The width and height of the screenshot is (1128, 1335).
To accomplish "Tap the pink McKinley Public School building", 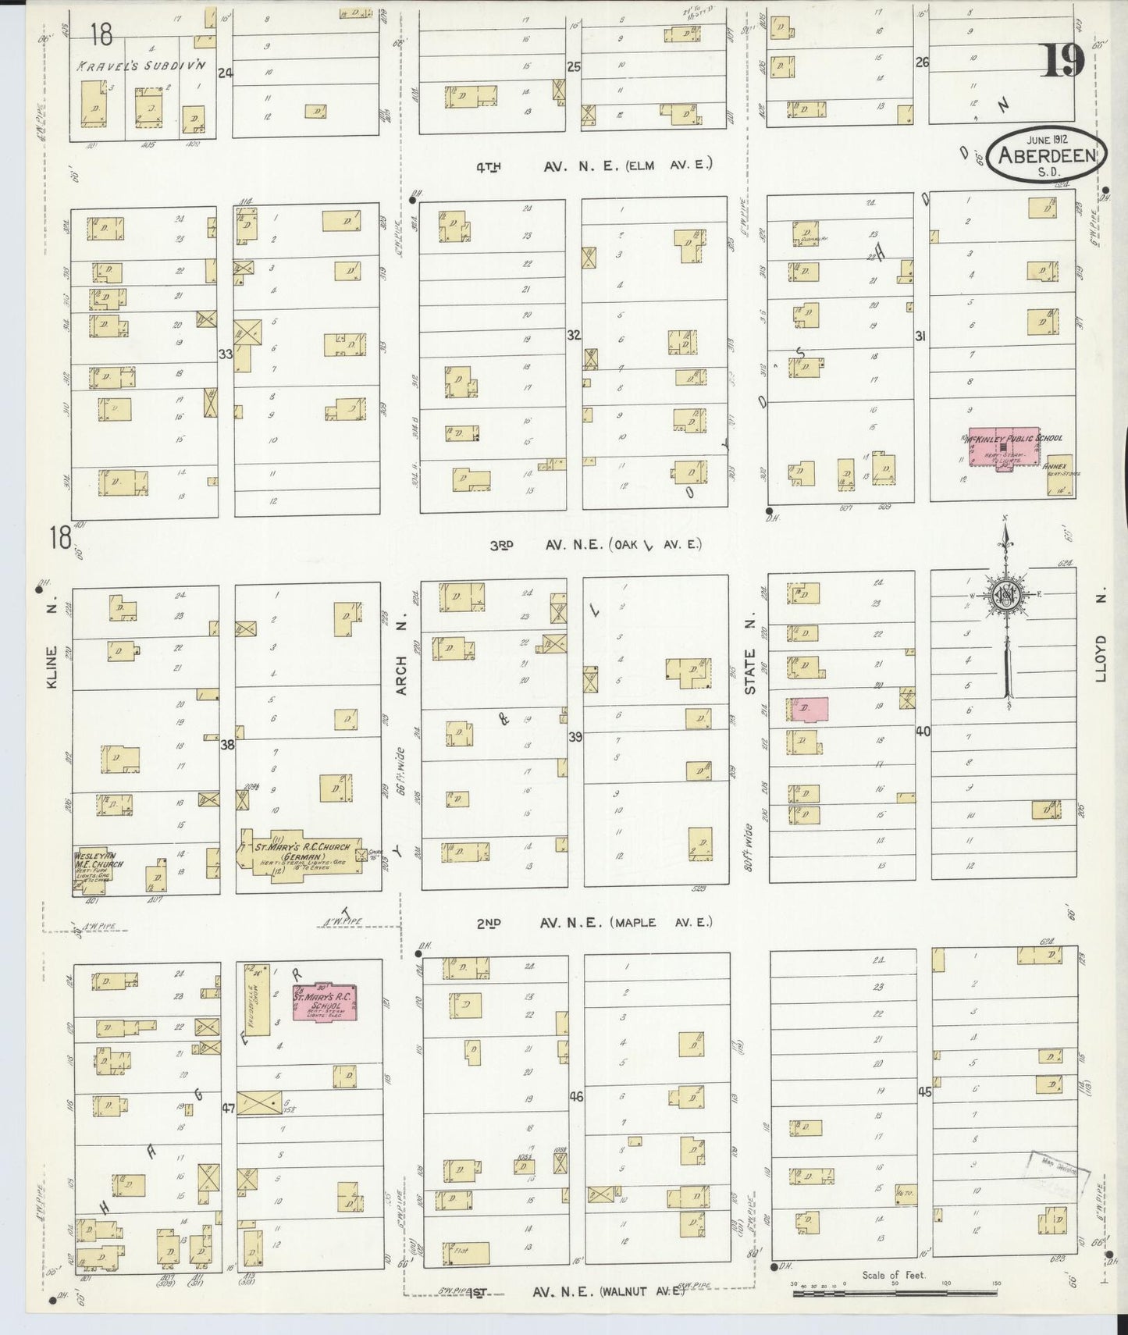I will [x=1003, y=447].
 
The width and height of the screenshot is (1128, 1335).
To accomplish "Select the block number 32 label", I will [x=574, y=335].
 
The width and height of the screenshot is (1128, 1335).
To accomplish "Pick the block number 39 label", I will [x=575, y=736].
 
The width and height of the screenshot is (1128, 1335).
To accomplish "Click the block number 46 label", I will [x=576, y=1097].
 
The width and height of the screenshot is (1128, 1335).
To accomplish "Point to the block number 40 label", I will [x=923, y=732].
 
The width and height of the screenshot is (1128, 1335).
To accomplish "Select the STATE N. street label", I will [x=750, y=671].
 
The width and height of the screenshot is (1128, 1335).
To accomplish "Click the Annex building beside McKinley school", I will [x=1060, y=475].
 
